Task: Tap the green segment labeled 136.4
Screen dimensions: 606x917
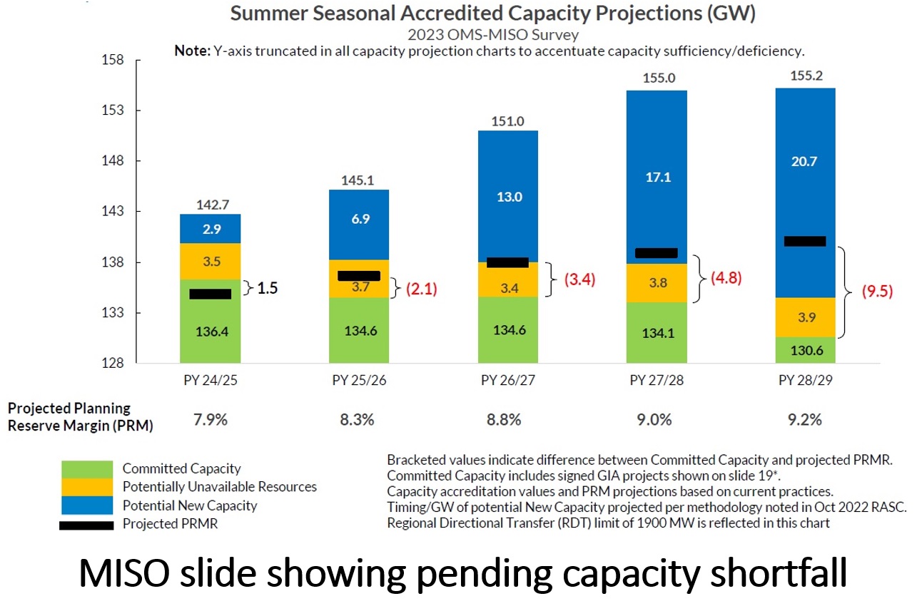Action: [x=210, y=331]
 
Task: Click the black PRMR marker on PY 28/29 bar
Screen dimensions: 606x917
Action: [x=804, y=241]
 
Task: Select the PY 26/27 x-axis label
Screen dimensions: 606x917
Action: [x=508, y=380]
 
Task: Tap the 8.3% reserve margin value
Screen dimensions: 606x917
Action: [x=359, y=419]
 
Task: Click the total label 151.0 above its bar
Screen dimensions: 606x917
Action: [x=508, y=121]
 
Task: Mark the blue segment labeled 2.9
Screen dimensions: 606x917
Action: [x=210, y=228]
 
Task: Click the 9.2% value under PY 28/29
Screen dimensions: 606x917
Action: [x=804, y=419]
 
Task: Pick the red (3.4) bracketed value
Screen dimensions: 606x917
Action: [x=579, y=279]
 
